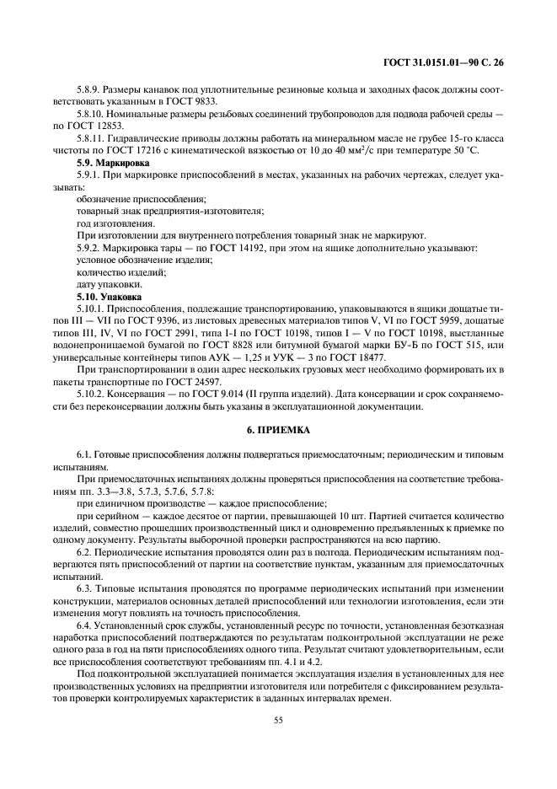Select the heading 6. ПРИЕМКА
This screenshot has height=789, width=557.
[x=278, y=429]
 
